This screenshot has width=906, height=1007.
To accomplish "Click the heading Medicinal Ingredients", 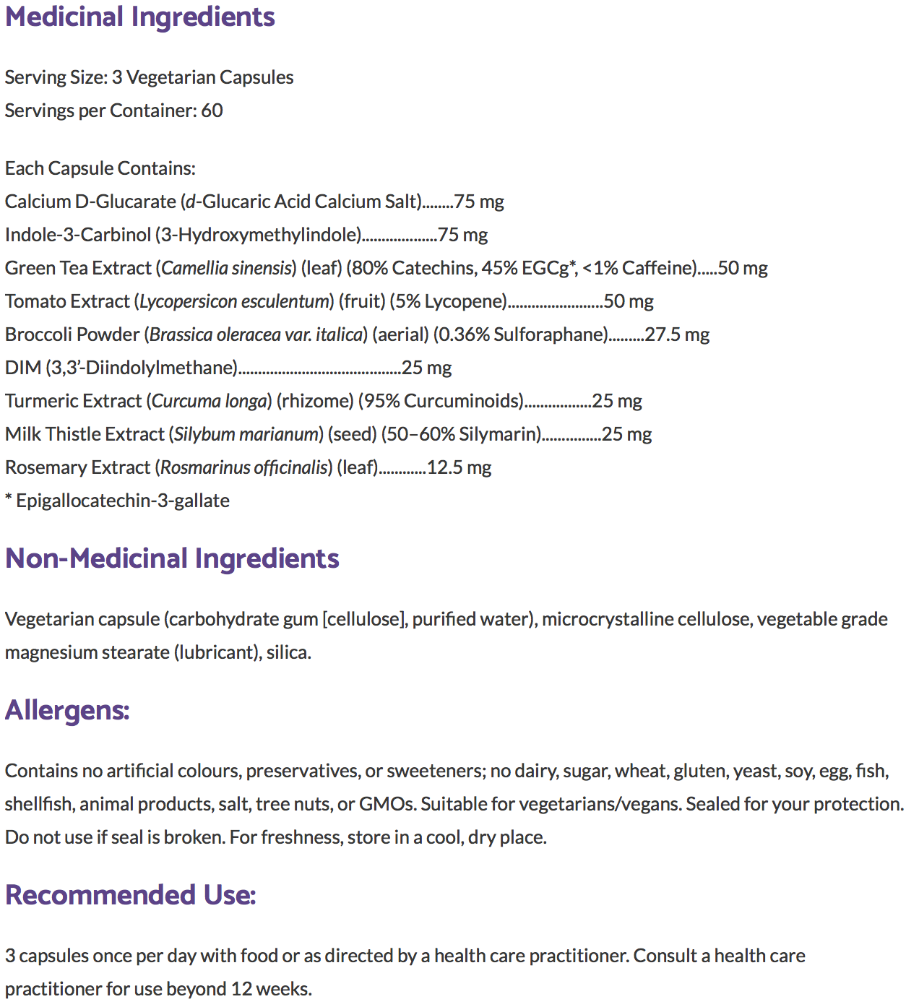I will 140,17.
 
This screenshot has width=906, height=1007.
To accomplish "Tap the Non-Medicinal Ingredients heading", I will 172,558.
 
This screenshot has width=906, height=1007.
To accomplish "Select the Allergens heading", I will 67,710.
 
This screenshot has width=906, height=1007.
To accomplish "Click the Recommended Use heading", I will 131,895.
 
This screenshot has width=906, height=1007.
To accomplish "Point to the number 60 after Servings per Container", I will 212,111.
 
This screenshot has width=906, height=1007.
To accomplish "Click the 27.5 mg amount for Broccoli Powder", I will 677,334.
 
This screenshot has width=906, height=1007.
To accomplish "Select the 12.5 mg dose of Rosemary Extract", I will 459,467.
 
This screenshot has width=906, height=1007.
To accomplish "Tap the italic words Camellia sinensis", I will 226,268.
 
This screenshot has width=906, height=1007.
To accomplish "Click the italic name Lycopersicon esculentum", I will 235,301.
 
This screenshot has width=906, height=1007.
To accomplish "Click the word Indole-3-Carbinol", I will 78,235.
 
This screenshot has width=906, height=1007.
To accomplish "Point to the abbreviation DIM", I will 23,368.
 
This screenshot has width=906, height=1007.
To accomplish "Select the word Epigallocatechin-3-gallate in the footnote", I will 123,501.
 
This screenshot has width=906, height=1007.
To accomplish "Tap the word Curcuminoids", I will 462,401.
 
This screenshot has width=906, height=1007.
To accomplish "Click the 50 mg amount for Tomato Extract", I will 629,301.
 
